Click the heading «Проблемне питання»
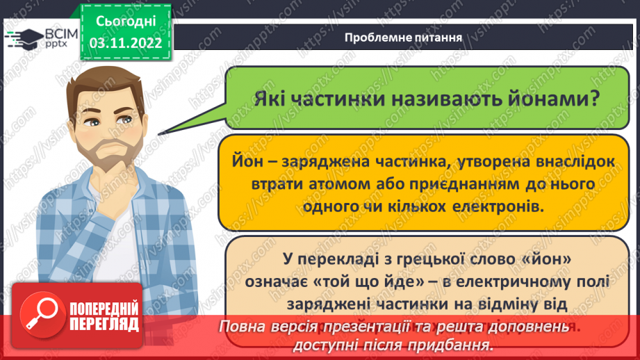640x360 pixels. [x=404, y=37]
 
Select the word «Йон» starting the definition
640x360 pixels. [x=248, y=161]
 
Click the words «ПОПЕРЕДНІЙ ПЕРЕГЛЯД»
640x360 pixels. [x=104, y=316]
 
